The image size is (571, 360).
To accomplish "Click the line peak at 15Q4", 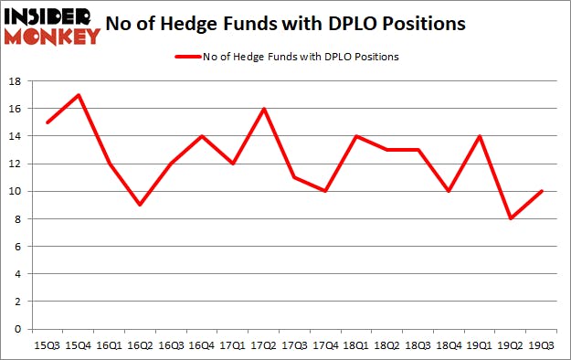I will [79, 95].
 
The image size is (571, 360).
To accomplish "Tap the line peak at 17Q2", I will [265, 109].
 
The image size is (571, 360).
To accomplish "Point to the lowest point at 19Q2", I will [511, 218].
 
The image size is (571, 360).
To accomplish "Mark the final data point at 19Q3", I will [542, 191].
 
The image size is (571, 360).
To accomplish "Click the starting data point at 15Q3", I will [48, 122].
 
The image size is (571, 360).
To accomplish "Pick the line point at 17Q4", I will [327, 191].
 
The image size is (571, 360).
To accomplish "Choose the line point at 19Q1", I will [481, 136].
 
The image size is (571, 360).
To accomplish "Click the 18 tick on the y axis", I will [16, 81].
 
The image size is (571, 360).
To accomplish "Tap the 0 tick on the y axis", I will [18, 329].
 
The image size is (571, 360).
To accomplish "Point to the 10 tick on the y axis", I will [16, 191].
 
